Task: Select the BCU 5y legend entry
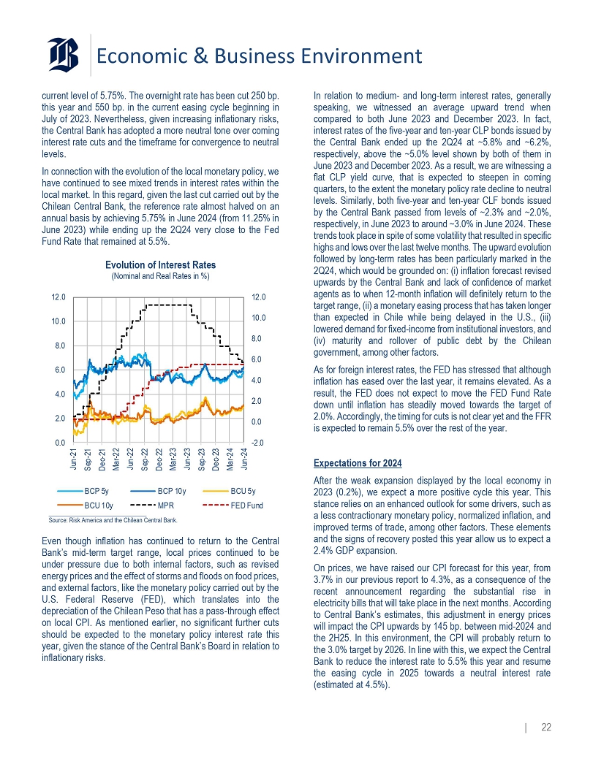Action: pyautogui.click(x=242, y=491)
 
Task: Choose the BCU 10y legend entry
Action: pyautogui.click(x=97, y=505)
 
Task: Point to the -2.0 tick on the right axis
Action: pyautogui.click(x=257, y=443)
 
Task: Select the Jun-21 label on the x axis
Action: pyautogui.click(x=75, y=460)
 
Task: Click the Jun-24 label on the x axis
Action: pyautogui.click(x=243, y=460)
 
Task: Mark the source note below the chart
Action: pyautogui.click(x=113, y=520)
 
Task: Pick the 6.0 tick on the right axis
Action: pyautogui.click(x=257, y=359)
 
